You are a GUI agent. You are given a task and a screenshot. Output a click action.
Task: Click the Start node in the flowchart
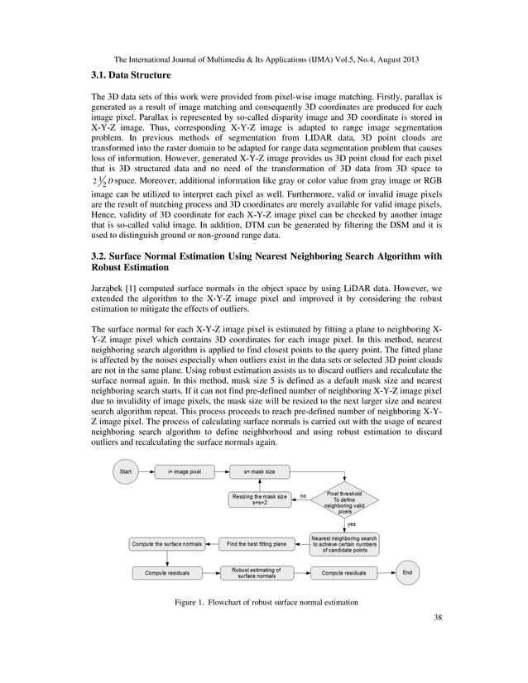click(x=126, y=470)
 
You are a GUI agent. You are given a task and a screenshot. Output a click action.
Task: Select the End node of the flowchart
click(x=406, y=571)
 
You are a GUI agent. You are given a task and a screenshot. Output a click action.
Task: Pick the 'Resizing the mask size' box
click(x=259, y=499)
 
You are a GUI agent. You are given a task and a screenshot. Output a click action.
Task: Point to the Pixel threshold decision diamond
click(x=345, y=499)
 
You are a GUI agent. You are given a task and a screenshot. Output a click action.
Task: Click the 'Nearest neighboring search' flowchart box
click(x=345, y=544)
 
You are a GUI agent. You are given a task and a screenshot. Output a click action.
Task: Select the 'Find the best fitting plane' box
click(x=257, y=543)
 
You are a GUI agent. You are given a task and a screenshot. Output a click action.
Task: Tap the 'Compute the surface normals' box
click(x=166, y=543)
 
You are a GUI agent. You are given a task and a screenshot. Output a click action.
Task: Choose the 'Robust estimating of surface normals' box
click(x=257, y=572)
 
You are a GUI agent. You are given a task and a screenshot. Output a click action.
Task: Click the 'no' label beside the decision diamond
click(x=303, y=495)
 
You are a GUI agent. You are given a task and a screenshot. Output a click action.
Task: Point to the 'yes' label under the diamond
click(x=352, y=523)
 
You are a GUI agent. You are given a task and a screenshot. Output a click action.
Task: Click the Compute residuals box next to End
click(x=344, y=572)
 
